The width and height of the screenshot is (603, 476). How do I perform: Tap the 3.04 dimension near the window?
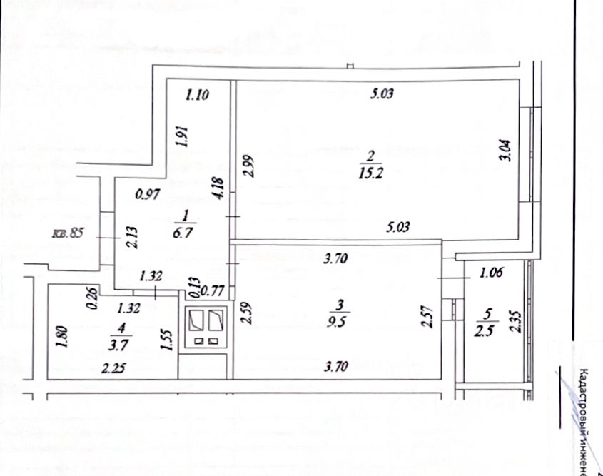[x=505, y=150]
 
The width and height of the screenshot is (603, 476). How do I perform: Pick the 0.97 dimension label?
[x=148, y=193]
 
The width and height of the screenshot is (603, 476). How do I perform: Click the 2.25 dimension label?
[x=112, y=368]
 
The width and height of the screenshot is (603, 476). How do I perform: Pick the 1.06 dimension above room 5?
[x=492, y=271]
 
